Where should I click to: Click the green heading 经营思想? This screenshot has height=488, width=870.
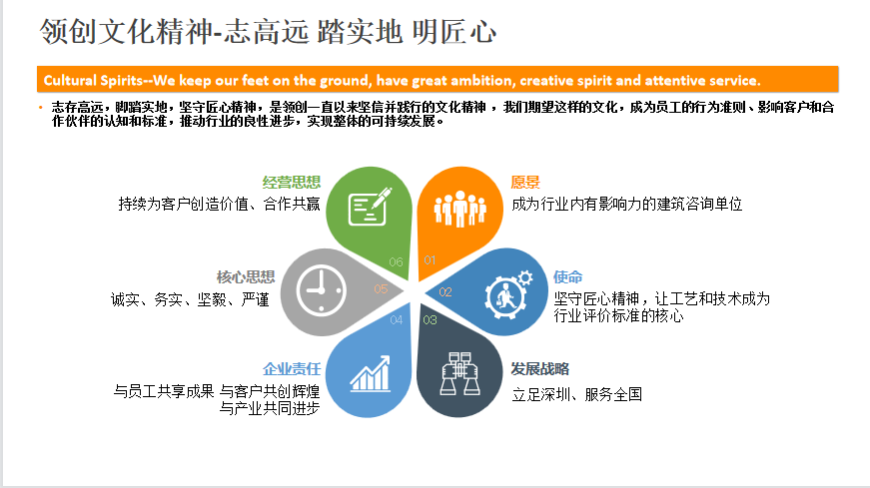tap(292, 182)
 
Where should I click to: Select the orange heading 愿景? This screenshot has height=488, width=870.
tap(525, 182)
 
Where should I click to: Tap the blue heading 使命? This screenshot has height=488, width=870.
tap(567, 276)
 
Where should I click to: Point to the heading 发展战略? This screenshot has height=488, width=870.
tap(539, 369)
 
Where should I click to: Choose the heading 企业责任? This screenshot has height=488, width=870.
tap(292, 369)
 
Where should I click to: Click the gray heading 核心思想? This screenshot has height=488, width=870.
tap(246, 276)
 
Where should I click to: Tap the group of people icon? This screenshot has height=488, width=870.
tap(459, 209)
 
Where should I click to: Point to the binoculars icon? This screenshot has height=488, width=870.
tap(459, 374)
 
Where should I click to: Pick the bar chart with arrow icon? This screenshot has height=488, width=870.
tap(371, 374)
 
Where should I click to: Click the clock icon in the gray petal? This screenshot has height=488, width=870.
tap(322, 290)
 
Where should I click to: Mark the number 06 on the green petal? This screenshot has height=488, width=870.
tap(397, 261)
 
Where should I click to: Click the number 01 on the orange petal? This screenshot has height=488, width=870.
tap(431, 260)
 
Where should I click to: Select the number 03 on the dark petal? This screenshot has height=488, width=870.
tap(431, 320)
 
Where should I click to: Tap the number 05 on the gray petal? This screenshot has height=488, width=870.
tap(381, 289)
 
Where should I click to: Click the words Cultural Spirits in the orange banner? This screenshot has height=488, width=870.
tap(93, 81)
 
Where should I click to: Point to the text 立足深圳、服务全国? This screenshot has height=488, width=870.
tap(576, 394)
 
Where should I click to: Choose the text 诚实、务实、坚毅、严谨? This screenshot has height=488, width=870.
tap(190, 300)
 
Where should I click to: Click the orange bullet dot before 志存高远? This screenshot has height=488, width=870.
tap(41, 107)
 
